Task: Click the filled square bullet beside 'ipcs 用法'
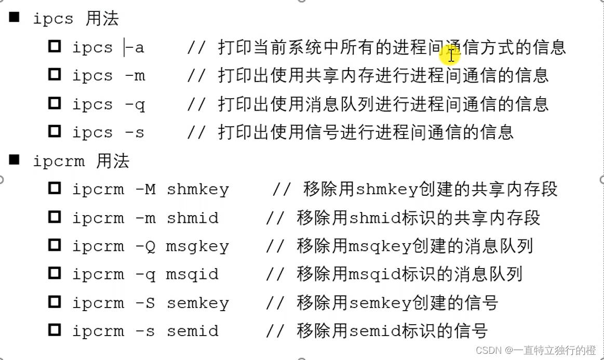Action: pos(14,18)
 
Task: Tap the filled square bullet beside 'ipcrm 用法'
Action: pos(14,160)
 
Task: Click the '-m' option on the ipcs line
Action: pos(135,76)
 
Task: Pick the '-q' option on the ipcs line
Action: pos(135,104)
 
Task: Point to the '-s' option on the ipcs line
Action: pos(135,132)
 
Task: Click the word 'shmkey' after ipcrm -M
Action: pos(197,189)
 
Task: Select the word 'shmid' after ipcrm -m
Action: pos(192,218)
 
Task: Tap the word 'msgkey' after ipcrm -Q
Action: pos(197,246)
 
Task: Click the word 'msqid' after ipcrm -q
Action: pos(192,274)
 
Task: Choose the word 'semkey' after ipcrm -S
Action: pos(197,303)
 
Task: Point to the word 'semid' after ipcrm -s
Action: pos(192,331)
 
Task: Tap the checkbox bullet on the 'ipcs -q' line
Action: pos(55,103)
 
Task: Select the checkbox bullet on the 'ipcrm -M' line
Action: pos(55,188)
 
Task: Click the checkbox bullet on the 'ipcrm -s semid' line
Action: pos(55,330)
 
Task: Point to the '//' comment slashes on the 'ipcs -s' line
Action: pos(197,132)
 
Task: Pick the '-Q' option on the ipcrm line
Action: pos(145,246)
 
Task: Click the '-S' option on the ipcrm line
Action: pos(145,303)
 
